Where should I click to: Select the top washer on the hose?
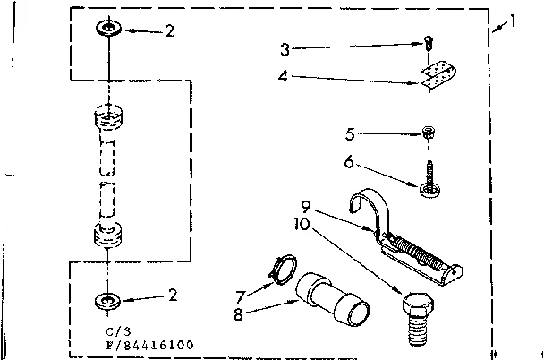107,30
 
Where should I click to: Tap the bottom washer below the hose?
107,298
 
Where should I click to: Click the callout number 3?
285,48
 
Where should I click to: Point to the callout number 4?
285,76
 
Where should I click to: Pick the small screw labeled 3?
429,42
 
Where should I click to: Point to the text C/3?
105,331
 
